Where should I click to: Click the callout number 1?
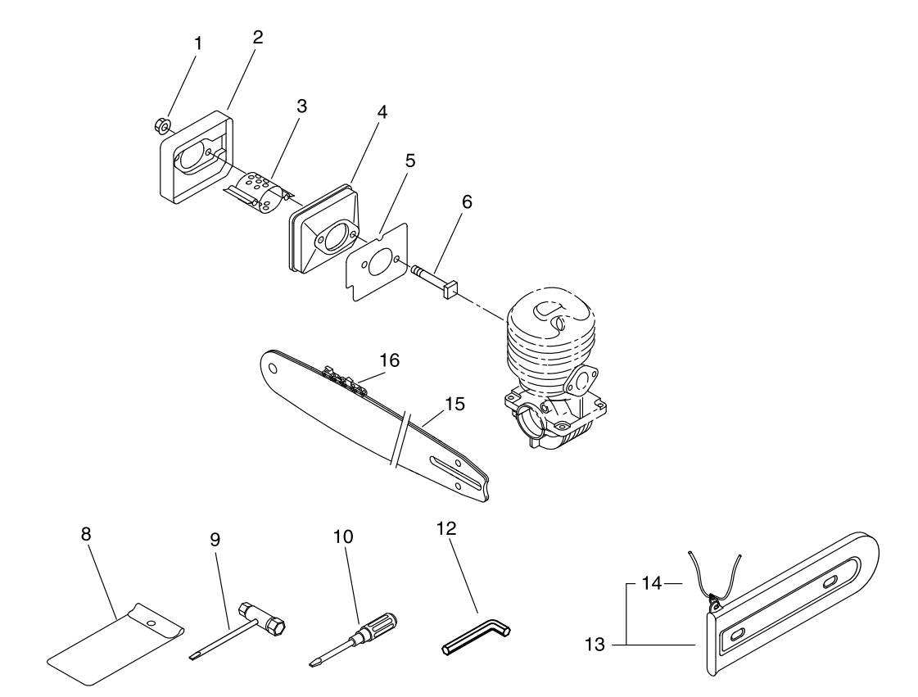197,43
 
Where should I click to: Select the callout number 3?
301,106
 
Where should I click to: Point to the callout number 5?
409,160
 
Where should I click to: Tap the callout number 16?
389,360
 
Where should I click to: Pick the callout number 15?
454,404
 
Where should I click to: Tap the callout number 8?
86,533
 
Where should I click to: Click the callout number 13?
595,645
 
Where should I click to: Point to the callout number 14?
652,583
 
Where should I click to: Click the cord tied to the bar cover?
714,577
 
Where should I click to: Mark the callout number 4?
382,111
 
